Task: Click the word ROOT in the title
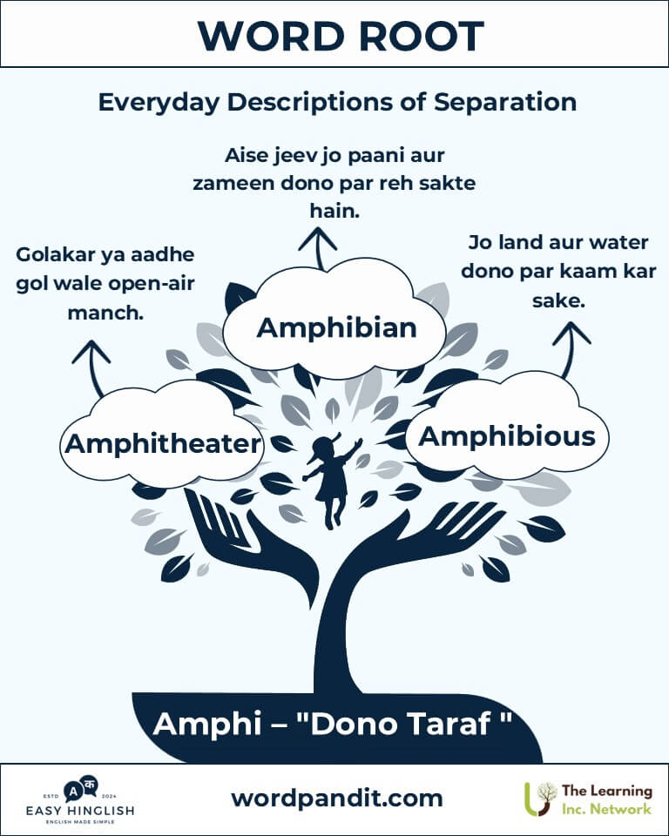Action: coord(421,36)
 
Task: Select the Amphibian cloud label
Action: coord(336,327)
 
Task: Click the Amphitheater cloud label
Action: coord(163,443)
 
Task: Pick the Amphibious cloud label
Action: coord(507,436)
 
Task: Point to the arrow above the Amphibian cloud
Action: coord(318,248)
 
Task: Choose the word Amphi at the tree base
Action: coord(206,724)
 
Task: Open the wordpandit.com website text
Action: coord(336,799)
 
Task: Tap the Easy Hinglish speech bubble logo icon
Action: coord(81,789)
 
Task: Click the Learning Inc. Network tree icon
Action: coord(540,799)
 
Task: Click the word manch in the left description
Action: coord(105,313)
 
